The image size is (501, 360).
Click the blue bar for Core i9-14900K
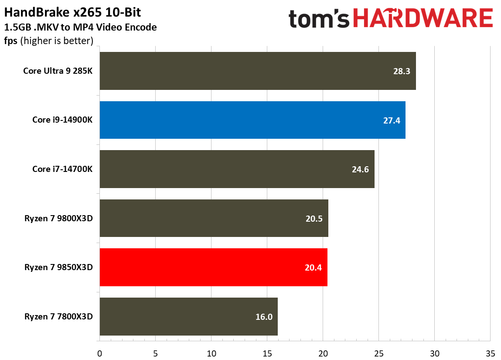(252, 120)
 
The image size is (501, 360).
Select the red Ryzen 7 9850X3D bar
(213, 267)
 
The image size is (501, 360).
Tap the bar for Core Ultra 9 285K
(257, 71)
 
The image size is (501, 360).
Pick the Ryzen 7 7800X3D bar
(188, 316)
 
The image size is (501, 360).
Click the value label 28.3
(402, 71)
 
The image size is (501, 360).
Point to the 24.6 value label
(360, 169)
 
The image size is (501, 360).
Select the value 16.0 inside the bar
(264, 317)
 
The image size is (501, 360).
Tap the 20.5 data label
(314, 219)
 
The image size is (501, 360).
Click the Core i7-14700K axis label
(62, 169)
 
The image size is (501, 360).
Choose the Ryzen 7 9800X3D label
(58, 219)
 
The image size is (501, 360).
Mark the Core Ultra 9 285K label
(58, 71)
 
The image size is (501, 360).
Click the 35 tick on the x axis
(490, 353)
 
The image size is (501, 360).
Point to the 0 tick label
(100, 353)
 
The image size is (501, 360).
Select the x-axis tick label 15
(267, 353)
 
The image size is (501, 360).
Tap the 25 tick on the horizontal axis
(378, 353)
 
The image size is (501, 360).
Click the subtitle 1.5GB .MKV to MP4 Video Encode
(80, 27)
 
